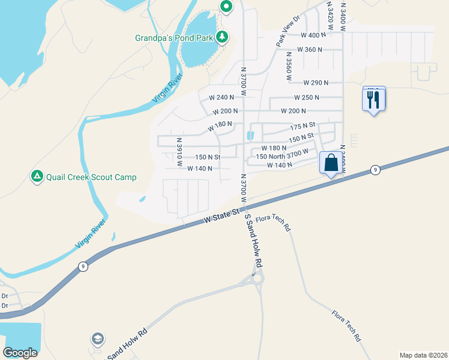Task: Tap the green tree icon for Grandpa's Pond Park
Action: tap(222, 37)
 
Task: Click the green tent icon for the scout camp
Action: tap(37, 176)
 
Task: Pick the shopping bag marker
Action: tap(331, 163)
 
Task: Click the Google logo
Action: tap(20, 353)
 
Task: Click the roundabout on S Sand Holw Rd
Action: tap(258, 278)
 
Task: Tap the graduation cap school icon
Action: tap(97, 340)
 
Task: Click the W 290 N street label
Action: tap(314, 82)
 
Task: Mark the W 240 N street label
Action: tap(220, 97)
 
